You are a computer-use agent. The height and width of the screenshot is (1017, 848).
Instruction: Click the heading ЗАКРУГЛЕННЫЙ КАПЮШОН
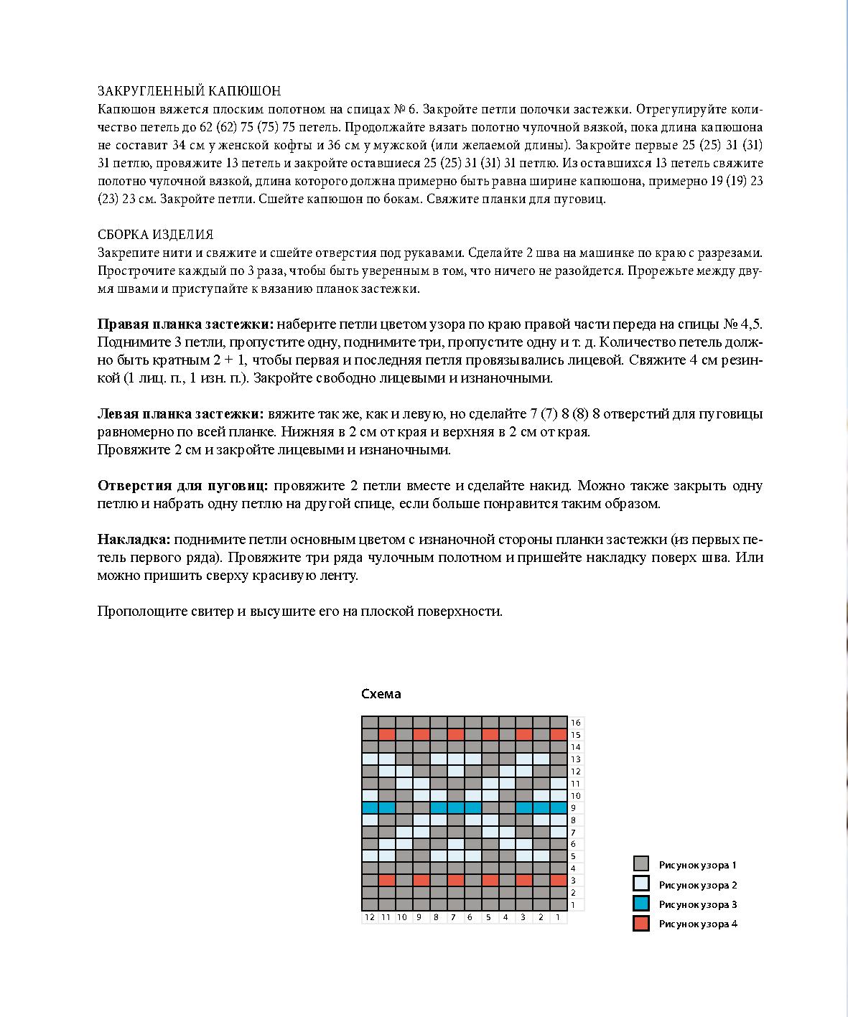pyautogui.click(x=189, y=91)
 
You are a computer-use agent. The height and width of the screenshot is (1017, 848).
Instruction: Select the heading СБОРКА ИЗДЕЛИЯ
pyautogui.click(x=155, y=235)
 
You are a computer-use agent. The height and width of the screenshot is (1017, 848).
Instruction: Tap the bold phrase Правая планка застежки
pyautogui.click(x=185, y=324)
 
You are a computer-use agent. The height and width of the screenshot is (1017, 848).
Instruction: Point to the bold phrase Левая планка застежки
pyautogui.click(x=180, y=414)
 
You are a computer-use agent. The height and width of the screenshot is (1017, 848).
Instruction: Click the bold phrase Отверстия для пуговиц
pyautogui.click(x=183, y=486)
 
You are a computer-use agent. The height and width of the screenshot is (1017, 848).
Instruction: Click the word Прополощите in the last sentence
pyautogui.click(x=136, y=611)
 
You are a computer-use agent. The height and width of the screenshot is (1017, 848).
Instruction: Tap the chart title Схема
pyautogui.click(x=381, y=694)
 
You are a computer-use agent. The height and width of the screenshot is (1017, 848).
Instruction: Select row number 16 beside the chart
pyautogui.click(x=575, y=723)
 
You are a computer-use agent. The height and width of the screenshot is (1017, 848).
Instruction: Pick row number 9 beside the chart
pyautogui.click(x=573, y=808)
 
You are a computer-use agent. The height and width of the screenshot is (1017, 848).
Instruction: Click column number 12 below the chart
pyautogui.click(x=369, y=917)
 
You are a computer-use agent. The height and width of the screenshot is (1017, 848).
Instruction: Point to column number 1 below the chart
pyautogui.click(x=558, y=917)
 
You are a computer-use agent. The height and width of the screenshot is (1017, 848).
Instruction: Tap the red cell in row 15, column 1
pyautogui.click(x=559, y=735)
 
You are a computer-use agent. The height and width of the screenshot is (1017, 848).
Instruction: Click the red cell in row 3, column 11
pyautogui.click(x=387, y=880)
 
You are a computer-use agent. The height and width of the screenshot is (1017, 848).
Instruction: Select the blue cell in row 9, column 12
pyautogui.click(x=370, y=807)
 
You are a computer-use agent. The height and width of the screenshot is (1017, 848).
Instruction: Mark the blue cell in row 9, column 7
pyautogui.click(x=455, y=807)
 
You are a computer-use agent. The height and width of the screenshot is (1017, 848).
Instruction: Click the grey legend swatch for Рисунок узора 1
pyautogui.click(x=641, y=864)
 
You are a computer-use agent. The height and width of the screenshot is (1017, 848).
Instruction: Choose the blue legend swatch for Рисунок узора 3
pyautogui.click(x=641, y=904)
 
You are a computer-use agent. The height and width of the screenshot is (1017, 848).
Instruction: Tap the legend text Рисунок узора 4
pyautogui.click(x=698, y=924)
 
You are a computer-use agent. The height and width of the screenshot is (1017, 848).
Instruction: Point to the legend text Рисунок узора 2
pyautogui.click(x=698, y=885)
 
